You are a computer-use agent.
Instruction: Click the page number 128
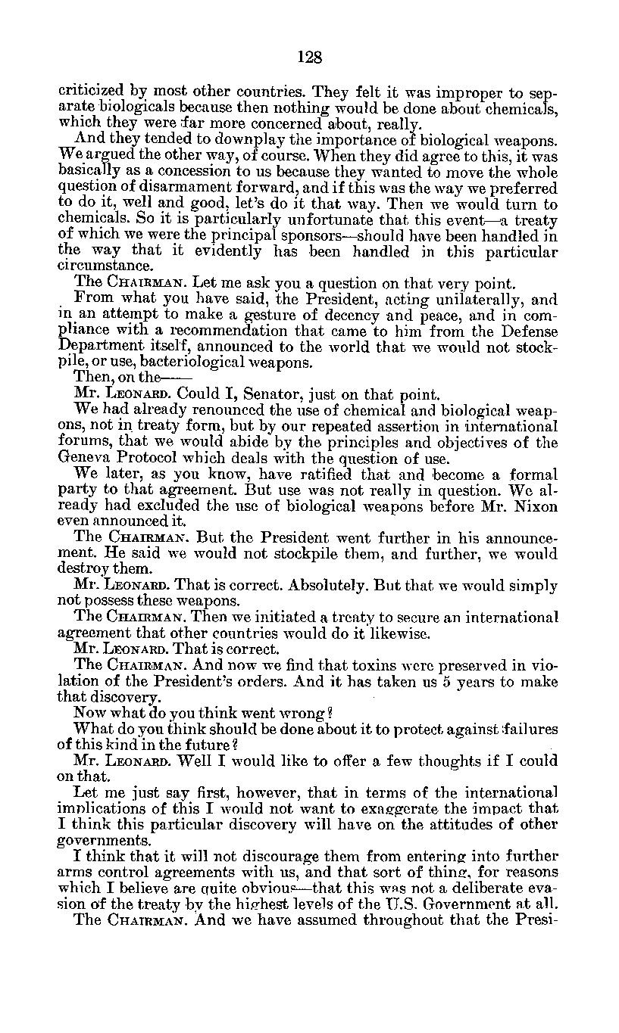[310, 58]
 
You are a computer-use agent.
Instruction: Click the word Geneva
[83, 457]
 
